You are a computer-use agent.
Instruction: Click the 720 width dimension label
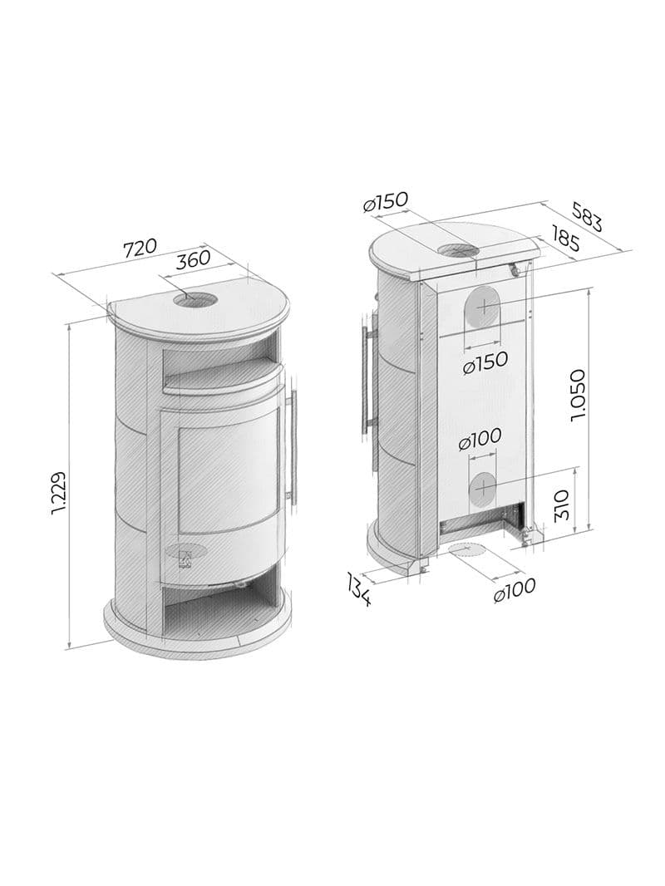click(140, 248)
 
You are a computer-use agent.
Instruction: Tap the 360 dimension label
click(193, 260)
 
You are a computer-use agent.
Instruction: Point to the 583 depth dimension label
click(587, 217)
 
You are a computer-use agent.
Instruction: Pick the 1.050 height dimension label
click(578, 396)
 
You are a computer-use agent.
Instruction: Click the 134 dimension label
click(358, 588)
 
